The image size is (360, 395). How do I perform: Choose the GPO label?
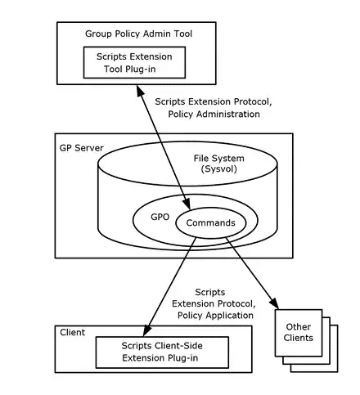click(x=160, y=219)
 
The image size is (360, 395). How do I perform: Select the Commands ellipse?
click(x=210, y=222)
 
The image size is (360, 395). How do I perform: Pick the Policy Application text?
click(x=214, y=315)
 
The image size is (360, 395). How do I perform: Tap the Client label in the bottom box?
click(x=74, y=332)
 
